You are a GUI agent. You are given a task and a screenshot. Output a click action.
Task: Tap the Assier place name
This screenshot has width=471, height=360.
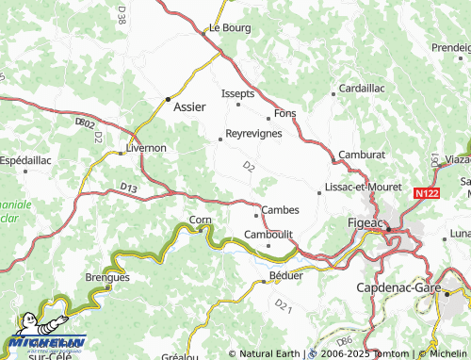(x=191, y=106)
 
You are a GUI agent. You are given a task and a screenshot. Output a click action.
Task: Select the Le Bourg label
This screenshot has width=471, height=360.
(x=230, y=28)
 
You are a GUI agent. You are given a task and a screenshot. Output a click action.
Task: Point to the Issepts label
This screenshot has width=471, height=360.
(x=237, y=95)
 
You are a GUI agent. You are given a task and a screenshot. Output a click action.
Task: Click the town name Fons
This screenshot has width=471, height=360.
(x=284, y=114)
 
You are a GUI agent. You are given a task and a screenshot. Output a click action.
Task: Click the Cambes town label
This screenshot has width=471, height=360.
(x=280, y=209)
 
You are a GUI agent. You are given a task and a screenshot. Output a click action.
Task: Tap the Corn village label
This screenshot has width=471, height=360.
(x=201, y=220)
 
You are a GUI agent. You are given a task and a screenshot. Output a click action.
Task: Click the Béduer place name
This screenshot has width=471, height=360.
(x=286, y=275)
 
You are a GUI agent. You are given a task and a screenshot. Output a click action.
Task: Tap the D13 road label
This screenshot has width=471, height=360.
(x=129, y=189)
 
